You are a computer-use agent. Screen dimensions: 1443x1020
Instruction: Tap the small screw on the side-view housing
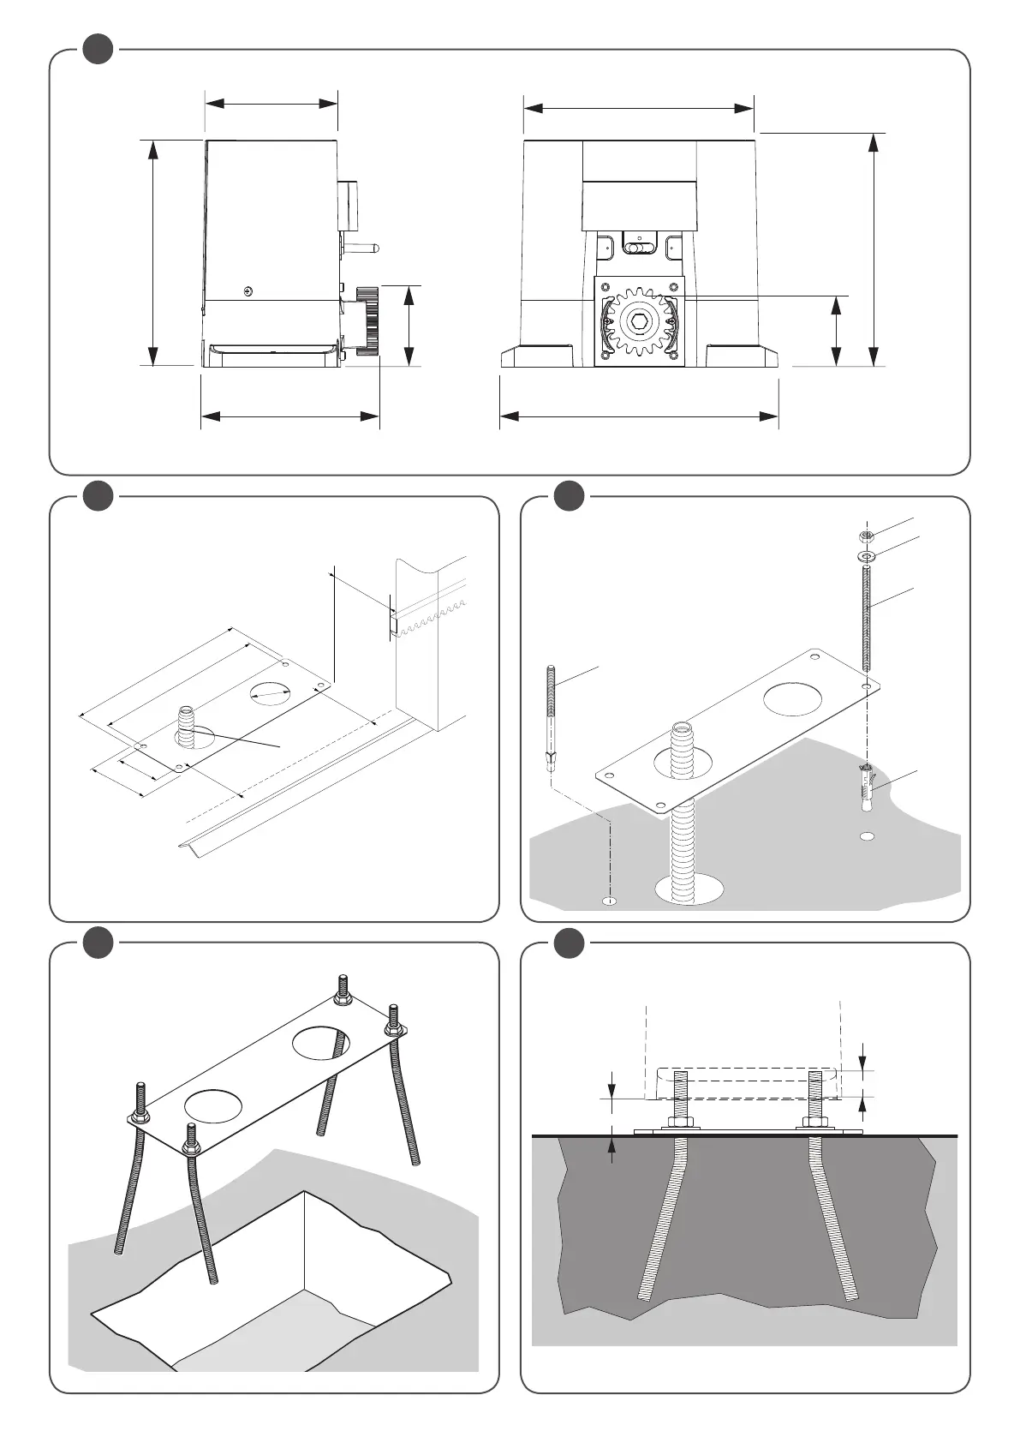click(x=248, y=290)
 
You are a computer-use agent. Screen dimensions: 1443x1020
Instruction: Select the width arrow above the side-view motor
click(x=271, y=104)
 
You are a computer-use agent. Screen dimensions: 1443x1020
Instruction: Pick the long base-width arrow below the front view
click(x=639, y=416)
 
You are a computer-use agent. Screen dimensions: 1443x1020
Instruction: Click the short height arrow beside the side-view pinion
click(x=409, y=325)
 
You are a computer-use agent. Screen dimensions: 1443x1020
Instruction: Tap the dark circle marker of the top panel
click(x=98, y=49)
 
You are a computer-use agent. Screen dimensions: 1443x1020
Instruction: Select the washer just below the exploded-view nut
click(x=867, y=557)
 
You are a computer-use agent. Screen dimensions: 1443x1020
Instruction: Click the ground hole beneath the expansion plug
click(x=867, y=835)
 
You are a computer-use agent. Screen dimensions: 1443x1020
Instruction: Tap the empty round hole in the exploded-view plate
click(x=792, y=698)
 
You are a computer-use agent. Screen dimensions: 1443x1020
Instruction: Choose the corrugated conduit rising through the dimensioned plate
click(x=186, y=725)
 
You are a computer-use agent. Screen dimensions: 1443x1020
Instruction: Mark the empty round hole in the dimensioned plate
click(x=271, y=692)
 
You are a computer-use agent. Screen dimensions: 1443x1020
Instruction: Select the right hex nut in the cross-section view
click(x=812, y=1123)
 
